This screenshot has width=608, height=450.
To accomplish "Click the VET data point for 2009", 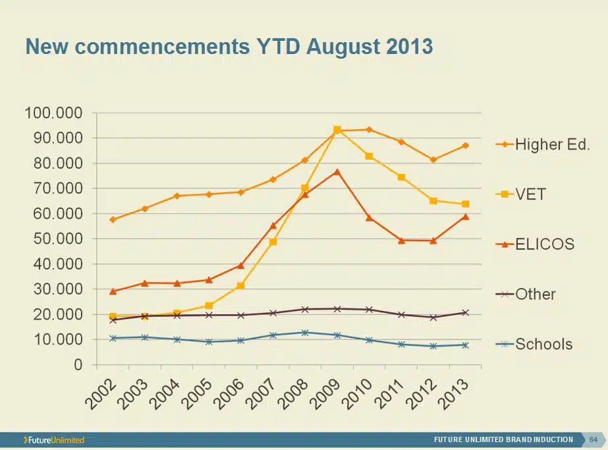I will click(337, 130).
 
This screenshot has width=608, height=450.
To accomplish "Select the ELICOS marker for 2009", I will click(337, 171).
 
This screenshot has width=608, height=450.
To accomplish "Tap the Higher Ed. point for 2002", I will click(113, 219).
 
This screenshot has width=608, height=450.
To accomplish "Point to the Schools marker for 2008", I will click(305, 333).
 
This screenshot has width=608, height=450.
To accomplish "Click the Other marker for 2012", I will click(433, 318).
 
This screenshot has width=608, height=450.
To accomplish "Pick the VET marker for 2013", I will click(465, 204).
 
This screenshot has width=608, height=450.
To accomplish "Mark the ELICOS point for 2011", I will click(401, 240).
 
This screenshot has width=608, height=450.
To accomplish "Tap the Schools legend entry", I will click(534, 344).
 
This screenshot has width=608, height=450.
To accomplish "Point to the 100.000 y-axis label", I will click(53, 113).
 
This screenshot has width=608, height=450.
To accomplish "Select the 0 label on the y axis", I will click(78, 365).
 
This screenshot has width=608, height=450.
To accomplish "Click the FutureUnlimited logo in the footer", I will click(54, 439).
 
